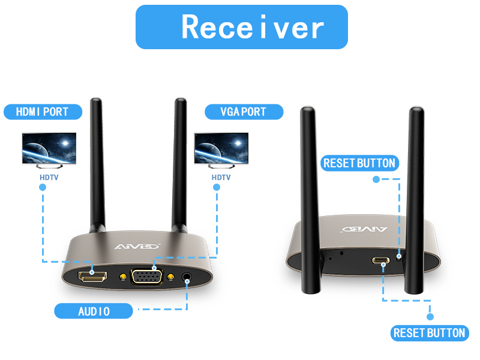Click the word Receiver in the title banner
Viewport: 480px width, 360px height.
pyautogui.click(x=253, y=27)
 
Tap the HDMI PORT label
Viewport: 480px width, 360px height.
pyautogui.click(x=42, y=112)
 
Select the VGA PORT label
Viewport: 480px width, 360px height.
pyautogui.click(x=243, y=112)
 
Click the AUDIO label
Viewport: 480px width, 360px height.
pyautogui.click(x=94, y=311)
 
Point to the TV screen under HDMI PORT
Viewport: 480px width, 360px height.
pyautogui.click(x=49, y=148)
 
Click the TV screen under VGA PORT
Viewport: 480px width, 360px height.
pyautogui.click(x=221, y=148)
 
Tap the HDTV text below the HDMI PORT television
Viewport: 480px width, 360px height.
pyautogui.click(x=49, y=178)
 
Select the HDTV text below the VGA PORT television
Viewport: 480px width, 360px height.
pyautogui.click(x=221, y=178)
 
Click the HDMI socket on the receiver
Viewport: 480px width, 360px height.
pyautogui.click(x=92, y=277)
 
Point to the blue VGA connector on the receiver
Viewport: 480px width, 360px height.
pyautogui.click(x=146, y=277)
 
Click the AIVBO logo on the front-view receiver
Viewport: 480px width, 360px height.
pyautogui.click(x=130, y=246)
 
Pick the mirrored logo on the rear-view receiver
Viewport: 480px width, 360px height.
pyautogui.click(x=356, y=229)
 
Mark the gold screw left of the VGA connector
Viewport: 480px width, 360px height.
pyautogui.click(x=123, y=277)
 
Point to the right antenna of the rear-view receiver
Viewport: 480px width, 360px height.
pyautogui.click(x=415, y=198)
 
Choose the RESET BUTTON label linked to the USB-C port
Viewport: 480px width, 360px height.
pyautogui.click(x=429, y=332)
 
